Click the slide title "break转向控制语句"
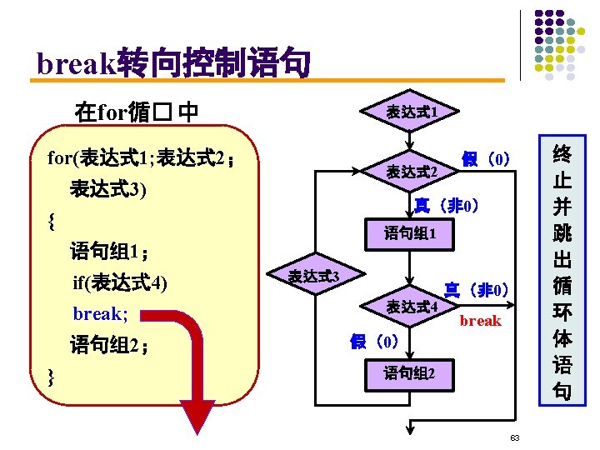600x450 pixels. [173, 63]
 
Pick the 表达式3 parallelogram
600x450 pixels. [312, 276]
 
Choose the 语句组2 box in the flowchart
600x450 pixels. [408, 372]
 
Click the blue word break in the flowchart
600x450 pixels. [481, 321]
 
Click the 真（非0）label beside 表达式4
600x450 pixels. [476, 291]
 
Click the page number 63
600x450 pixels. [515, 437]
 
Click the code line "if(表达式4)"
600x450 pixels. [120, 283]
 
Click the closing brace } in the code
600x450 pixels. [52, 377]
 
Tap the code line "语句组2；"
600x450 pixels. [109, 345]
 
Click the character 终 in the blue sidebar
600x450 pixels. [562, 155]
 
